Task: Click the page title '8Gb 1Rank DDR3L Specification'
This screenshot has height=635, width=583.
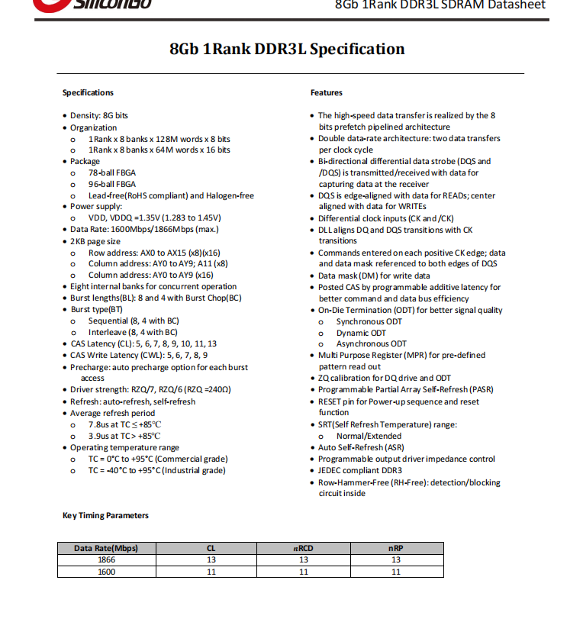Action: (287, 50)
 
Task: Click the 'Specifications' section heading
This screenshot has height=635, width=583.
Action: (88, 92)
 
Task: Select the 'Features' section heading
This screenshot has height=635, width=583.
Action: (327, 92)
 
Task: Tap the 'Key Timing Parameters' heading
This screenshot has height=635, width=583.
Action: (105, 515)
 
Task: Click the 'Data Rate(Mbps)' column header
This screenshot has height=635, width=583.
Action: (106, 548)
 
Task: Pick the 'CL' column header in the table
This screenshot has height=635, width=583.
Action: (211, 548)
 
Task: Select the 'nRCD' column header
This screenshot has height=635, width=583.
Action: (304, 548)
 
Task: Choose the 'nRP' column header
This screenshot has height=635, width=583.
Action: (396, 548)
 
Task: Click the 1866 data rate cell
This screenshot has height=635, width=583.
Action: (106, 559)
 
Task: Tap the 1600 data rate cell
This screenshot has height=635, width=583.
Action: (106, 571)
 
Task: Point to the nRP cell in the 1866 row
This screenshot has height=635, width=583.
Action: (396, 559)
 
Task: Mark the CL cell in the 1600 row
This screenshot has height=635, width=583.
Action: (211, 571)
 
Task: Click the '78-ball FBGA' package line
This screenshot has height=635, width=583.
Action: (112, 173)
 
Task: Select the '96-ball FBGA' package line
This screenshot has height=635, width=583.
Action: (112, 184)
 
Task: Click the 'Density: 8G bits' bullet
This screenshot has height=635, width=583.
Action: (99, 116)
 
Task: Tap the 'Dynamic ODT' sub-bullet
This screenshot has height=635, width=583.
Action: (361, 333)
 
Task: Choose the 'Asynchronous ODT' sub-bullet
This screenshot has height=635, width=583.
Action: (371, 343)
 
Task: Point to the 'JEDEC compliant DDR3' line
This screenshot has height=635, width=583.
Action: (360, 470)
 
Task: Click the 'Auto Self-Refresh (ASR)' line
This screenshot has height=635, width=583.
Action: (361, 447)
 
